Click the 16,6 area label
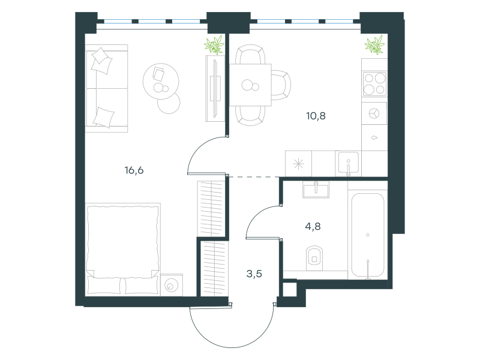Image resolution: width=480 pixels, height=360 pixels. click(x=134, y=170)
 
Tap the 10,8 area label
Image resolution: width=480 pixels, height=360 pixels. click(x=316, y=116)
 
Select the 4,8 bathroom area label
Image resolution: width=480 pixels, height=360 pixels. click(x=313, y=226)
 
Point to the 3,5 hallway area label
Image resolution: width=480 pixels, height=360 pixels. click(x=254, y=274)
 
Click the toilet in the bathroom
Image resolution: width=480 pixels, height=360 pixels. click(x=314, y=258)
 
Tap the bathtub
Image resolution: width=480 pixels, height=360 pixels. click(x=368, y=235)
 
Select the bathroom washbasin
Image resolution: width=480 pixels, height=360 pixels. click(x=316, y=190)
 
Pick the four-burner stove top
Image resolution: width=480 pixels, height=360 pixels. click(x=374, y=84)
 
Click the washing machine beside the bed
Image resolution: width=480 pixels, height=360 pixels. click(x=172, y=285)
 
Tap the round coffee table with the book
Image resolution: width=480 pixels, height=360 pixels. click(x=161, y=81)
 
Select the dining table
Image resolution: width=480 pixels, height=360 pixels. click(x=250, y=85)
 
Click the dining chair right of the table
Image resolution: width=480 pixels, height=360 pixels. click(x=281, y=85)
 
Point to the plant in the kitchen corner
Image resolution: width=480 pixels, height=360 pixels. click(x=374, y=45)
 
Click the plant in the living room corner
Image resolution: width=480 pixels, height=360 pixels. click(x=214, y=45)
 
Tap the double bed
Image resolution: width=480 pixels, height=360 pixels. click(x=123, y=250)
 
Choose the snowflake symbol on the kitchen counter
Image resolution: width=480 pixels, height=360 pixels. click(x=298, y=164)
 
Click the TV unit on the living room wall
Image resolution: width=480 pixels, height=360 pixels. click(x=215, y=88)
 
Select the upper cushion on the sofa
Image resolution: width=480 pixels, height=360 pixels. click(x=102, y=61)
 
